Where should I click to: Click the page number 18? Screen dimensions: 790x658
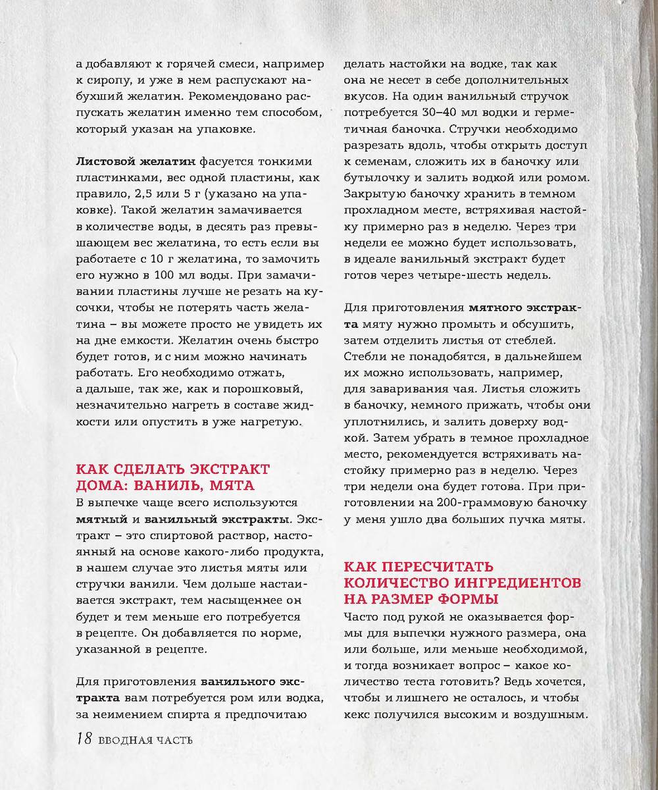[x=83, y=739]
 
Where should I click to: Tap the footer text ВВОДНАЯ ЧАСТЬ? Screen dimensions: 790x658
[x=145, y=741]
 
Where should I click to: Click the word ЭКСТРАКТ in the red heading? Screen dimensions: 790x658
[x=226, y=469]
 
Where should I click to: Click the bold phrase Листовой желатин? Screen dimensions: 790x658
[x=136, y=161]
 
